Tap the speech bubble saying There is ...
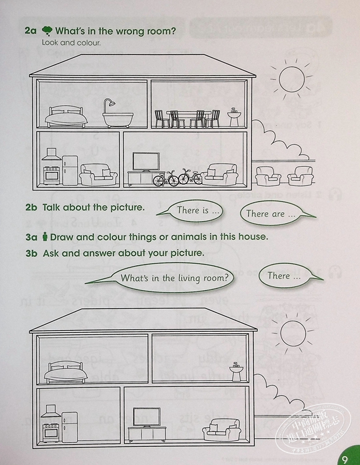tap(190, 211)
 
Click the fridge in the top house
tap(70, 169)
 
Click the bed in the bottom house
tap(67, 370)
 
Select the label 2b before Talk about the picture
tap(32, 208)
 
